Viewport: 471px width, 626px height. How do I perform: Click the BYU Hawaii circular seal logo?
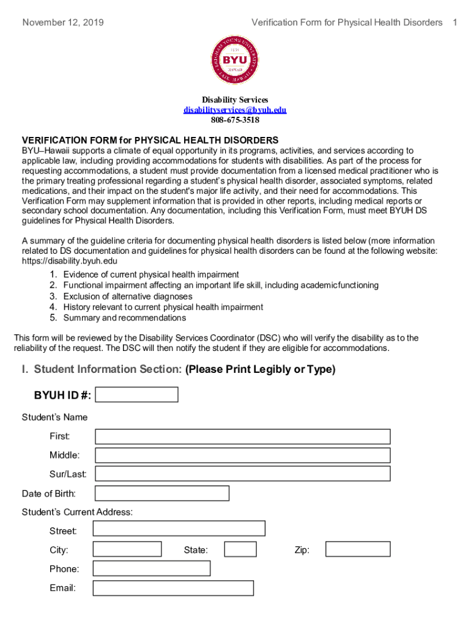point(235,59)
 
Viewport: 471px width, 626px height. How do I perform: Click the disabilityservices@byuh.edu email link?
point(235,110)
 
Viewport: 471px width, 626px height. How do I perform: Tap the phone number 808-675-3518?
point(235,120)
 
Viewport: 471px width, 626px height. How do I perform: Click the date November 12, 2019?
point(63,23)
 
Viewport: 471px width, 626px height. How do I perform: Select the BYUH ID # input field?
point(137,395)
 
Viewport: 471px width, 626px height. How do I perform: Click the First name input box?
point(242,436)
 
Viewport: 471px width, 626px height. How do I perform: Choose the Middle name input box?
point(242,455)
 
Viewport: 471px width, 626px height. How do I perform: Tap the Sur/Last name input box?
point(242,474)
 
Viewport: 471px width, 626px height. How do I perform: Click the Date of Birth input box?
point(162,493)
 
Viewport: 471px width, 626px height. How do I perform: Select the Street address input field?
point(179,529)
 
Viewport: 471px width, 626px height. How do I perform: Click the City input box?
point(127,550)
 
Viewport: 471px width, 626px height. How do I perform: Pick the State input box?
point(240,550)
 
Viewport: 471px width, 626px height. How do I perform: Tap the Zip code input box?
point(358,550)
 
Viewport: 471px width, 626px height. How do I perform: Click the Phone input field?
point(152,569)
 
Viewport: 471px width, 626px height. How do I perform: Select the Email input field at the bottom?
point(173,588)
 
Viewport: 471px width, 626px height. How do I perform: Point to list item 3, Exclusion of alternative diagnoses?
point(128,296)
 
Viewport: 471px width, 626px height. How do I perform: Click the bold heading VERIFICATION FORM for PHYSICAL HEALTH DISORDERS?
point(150,140)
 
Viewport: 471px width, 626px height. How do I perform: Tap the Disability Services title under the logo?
point(235,100)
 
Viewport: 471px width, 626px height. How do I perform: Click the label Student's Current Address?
point(77,512)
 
